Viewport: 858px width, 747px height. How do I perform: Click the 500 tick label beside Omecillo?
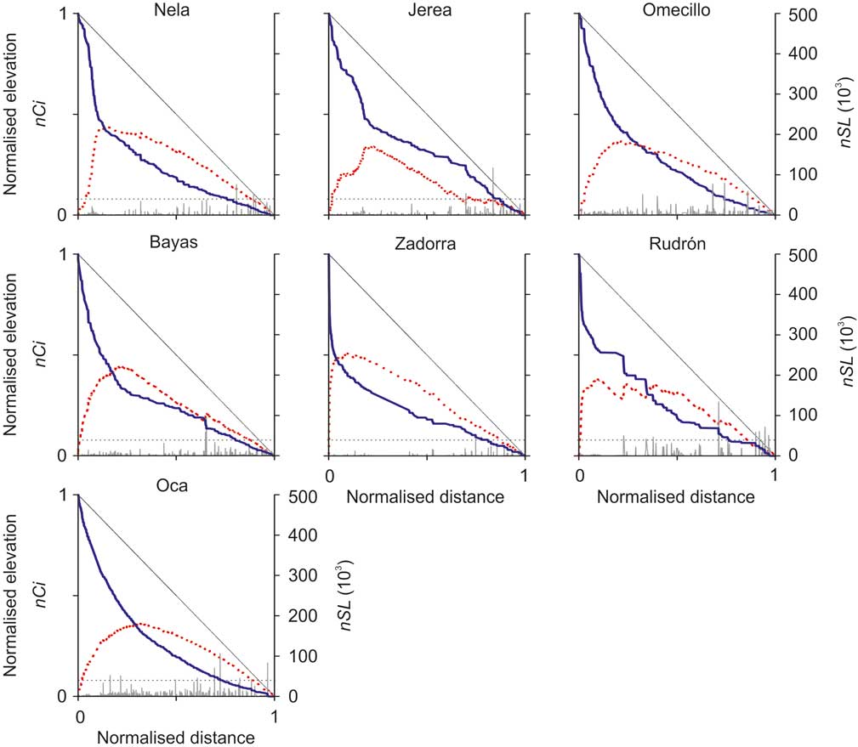pyautogui.click(x=804, y=14)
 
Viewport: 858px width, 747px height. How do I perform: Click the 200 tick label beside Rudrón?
pyautogui.click(x=804, y=375)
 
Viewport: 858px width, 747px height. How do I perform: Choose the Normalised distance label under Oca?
pyautogui.click(x=175, y=737)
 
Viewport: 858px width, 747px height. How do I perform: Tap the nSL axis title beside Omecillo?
pyautogui.click(x=845, y=115)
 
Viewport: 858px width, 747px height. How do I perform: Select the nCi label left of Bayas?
pyautogui.click(x=38, y=354)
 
